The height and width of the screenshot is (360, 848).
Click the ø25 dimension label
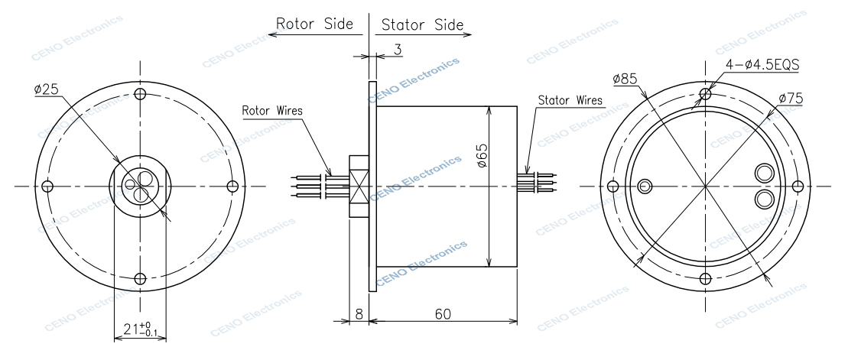tap(46, 89)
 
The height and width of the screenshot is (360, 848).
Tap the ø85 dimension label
tap(625, 79)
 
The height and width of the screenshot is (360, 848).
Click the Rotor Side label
tap(314, 24)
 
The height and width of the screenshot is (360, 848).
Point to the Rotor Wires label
tap(272, 110)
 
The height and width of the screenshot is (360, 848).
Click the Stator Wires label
tap(570, 100)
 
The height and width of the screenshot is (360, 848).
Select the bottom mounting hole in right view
tap(704, 279)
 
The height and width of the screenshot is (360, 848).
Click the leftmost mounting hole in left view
tap(47, 186)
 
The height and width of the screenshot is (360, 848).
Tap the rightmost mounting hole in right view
tap(797, 186)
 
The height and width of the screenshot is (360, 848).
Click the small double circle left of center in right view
tap(646, 186)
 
